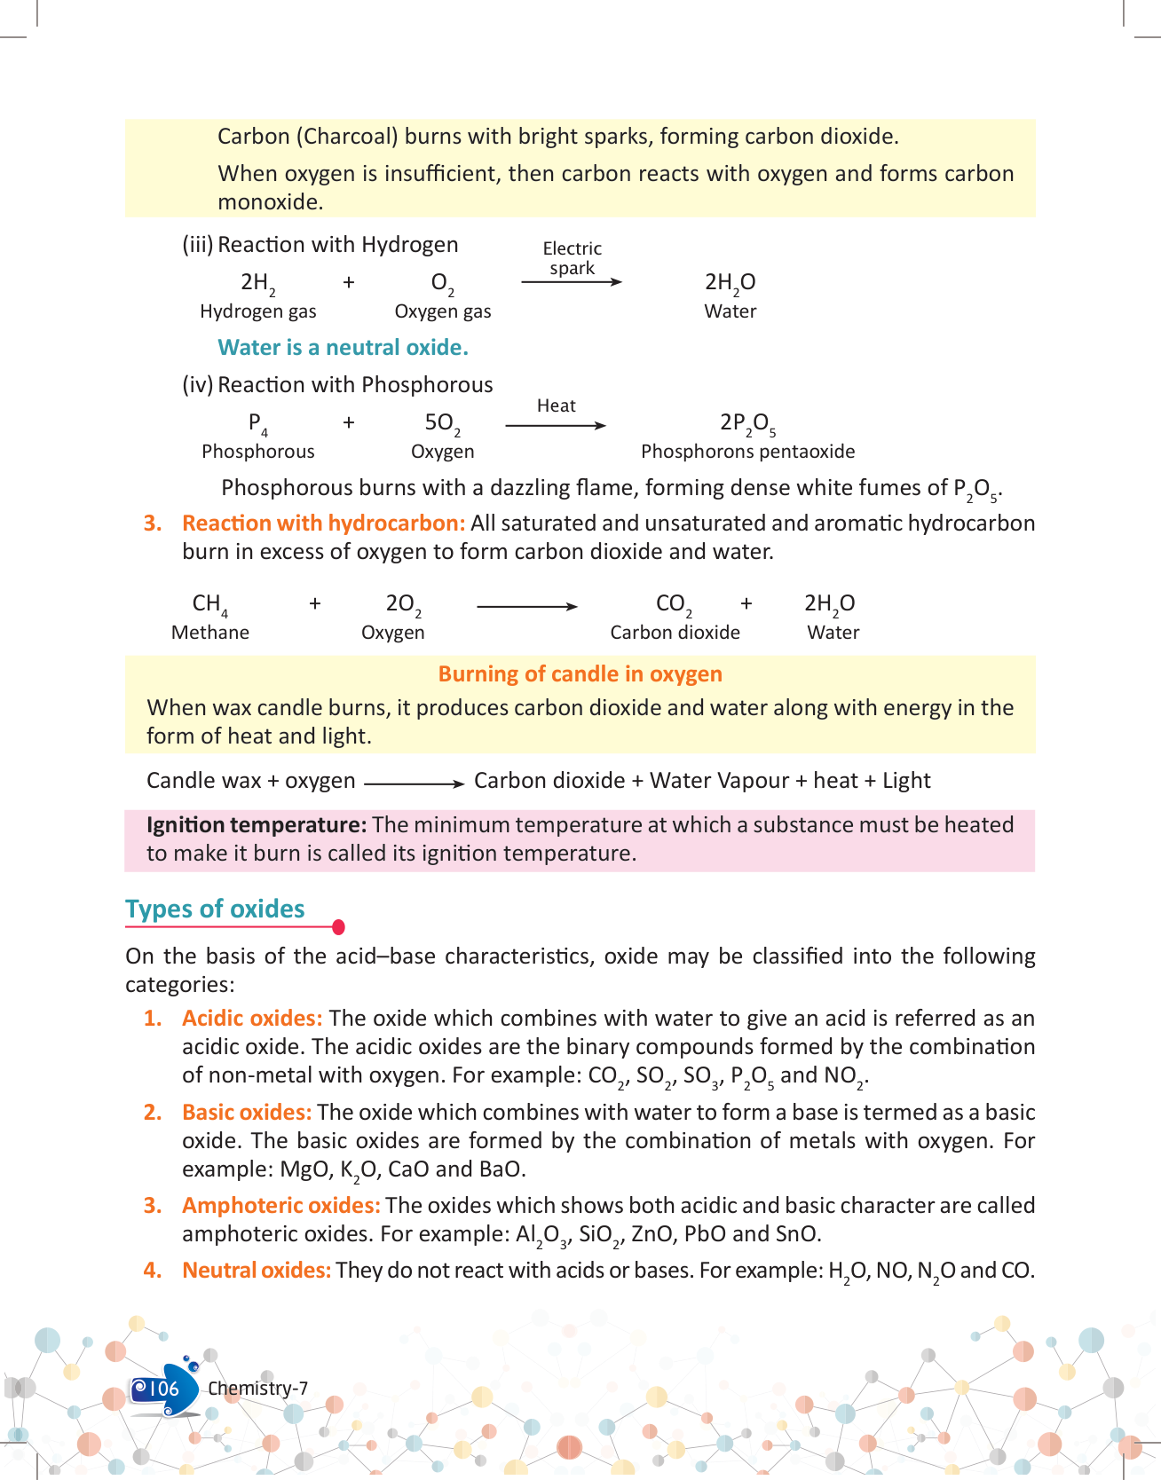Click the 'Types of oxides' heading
coord(215,909)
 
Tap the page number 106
coord(163,1389)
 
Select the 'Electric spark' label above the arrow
coord(572,258)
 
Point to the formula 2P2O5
coord(747,423)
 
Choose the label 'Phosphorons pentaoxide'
coord(747,452)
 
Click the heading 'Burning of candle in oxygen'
coord(580,674)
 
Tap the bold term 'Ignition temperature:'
coord(257,825)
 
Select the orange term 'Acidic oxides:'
coord(252,1019)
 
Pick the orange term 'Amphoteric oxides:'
coord(280,1206)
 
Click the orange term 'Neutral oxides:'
coord(257,1271)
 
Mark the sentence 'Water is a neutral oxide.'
coord(343,348)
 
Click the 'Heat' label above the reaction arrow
coord(557,405)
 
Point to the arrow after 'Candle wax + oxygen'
coord(415,783)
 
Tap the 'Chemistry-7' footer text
coord(257,1389)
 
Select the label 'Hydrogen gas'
coord(257,311)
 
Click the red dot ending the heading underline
coord(338,927)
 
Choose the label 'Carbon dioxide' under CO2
coord(675,633)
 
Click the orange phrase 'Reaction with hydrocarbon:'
coord(324,524)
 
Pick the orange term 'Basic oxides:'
coord(247,1113)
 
